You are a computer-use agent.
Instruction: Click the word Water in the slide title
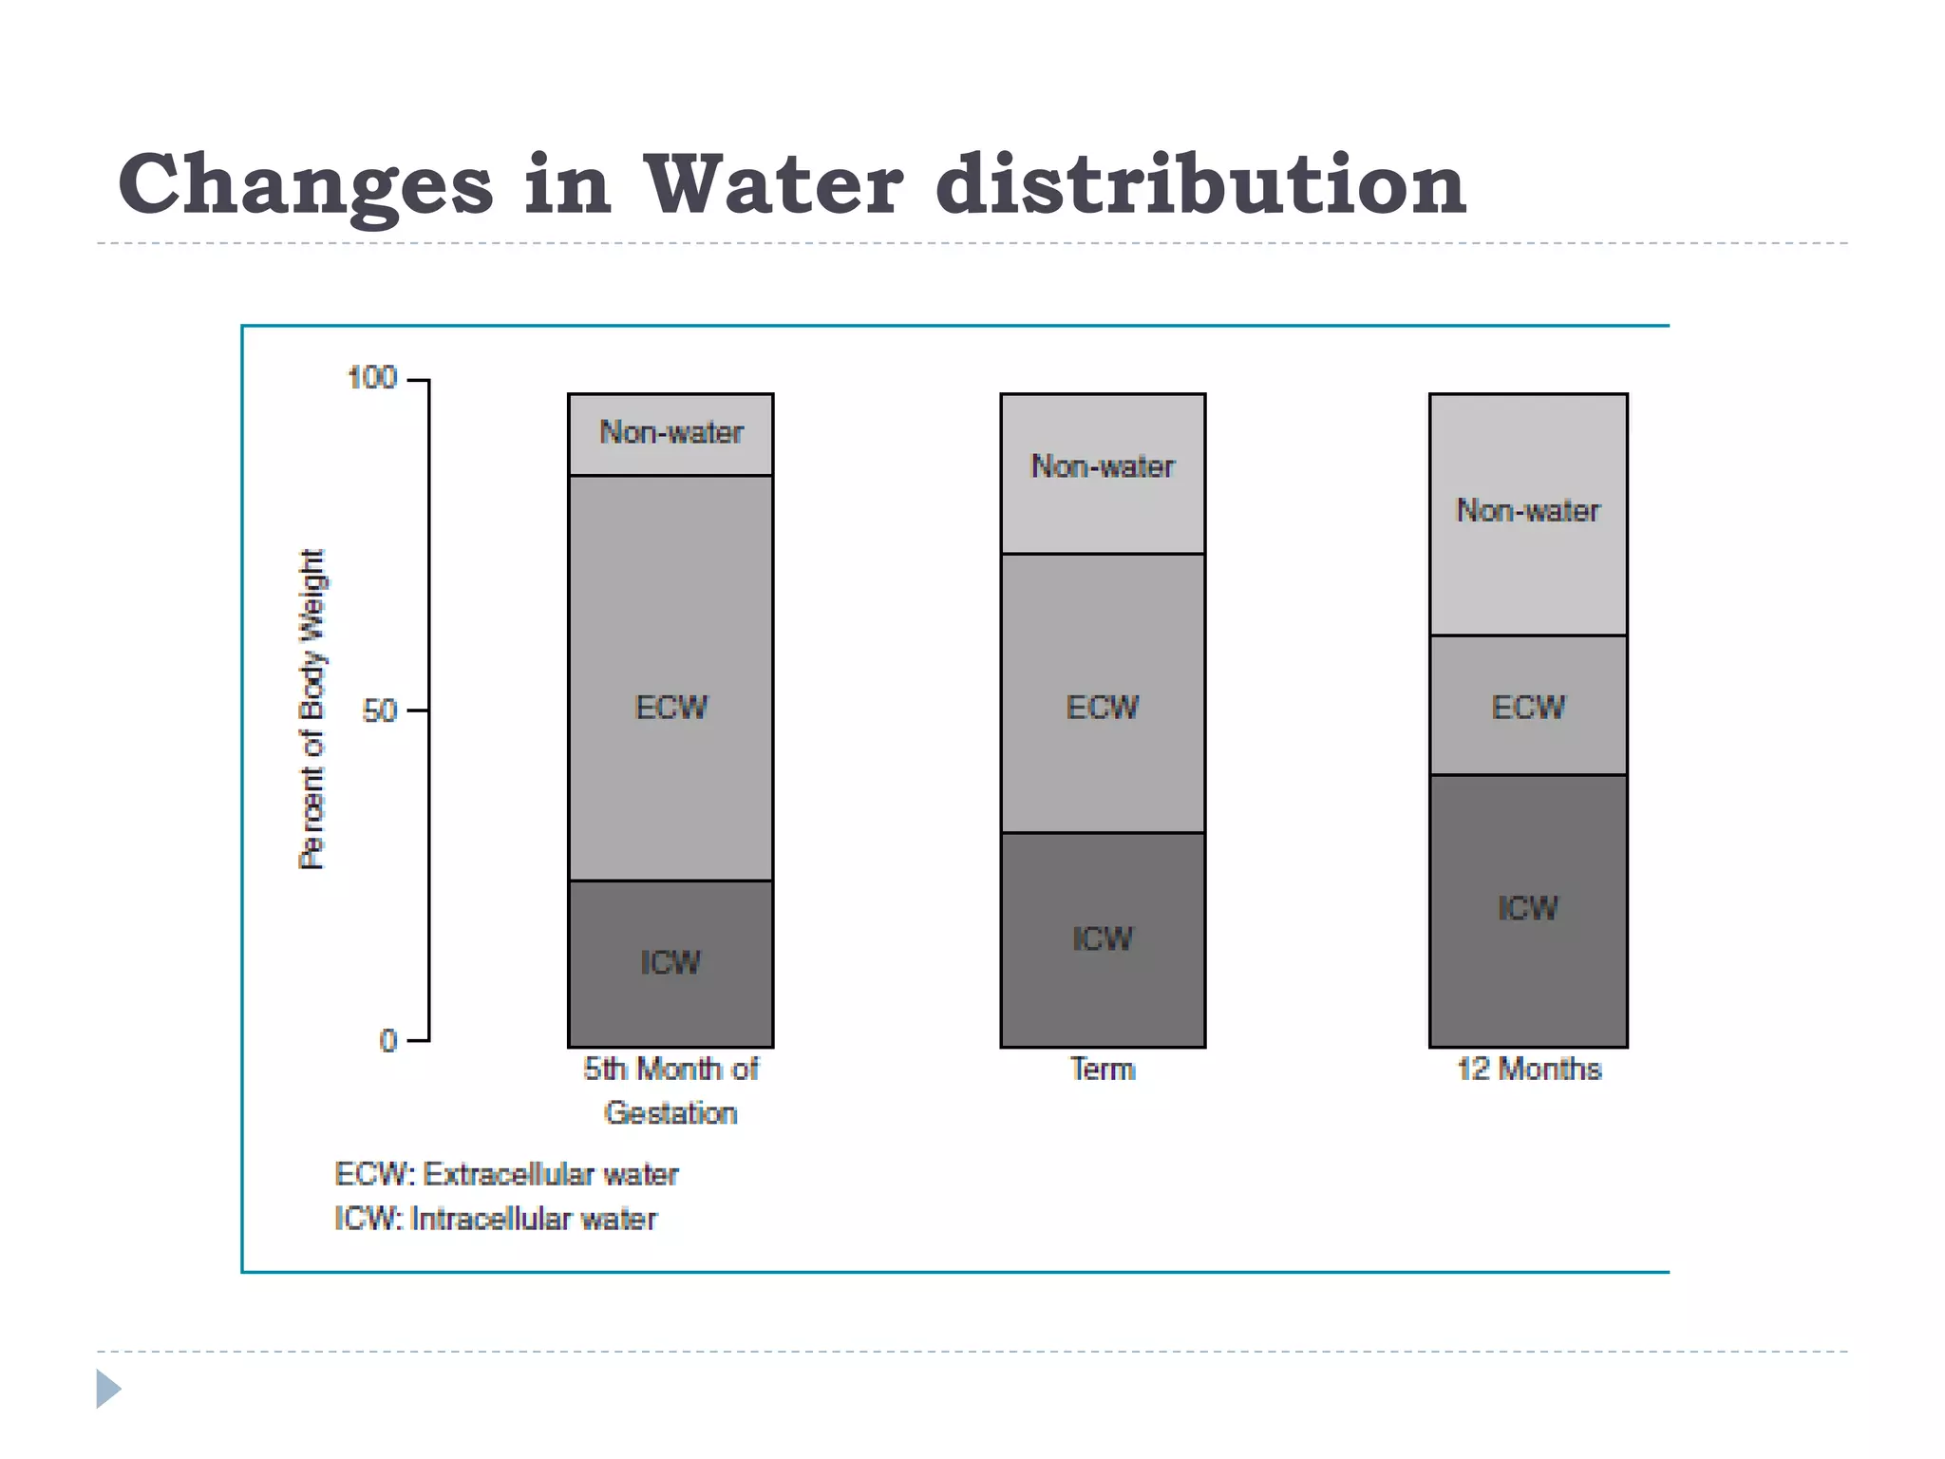pos(773,184)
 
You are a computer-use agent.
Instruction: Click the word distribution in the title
pos(1200,184)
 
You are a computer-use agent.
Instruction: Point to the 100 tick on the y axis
pos(372,378)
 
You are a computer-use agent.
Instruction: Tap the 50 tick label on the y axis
pos(379,711)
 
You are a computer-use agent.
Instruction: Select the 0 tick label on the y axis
pos(387,1041)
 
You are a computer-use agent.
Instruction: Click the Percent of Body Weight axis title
pos(312,710)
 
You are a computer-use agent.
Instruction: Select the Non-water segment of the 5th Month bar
pos(670,433)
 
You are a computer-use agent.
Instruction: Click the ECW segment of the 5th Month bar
pos(670,708)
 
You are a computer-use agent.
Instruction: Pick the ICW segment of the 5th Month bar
pos(670,963)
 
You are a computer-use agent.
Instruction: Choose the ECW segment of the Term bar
pos(1103,708)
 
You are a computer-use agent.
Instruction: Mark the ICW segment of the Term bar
pos(1103,939)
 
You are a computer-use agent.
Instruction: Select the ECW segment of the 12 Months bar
pos(1528,708)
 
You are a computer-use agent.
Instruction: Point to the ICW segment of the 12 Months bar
pos(1528,909)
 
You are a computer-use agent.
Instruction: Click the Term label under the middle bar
pos(1103,1070)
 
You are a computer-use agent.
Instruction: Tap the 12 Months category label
pos(1529,1070)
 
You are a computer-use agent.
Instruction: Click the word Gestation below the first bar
pos(670,1113)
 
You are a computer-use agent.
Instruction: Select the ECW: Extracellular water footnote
pos(506,1175)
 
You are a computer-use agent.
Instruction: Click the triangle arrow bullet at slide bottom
pos(108,1389)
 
